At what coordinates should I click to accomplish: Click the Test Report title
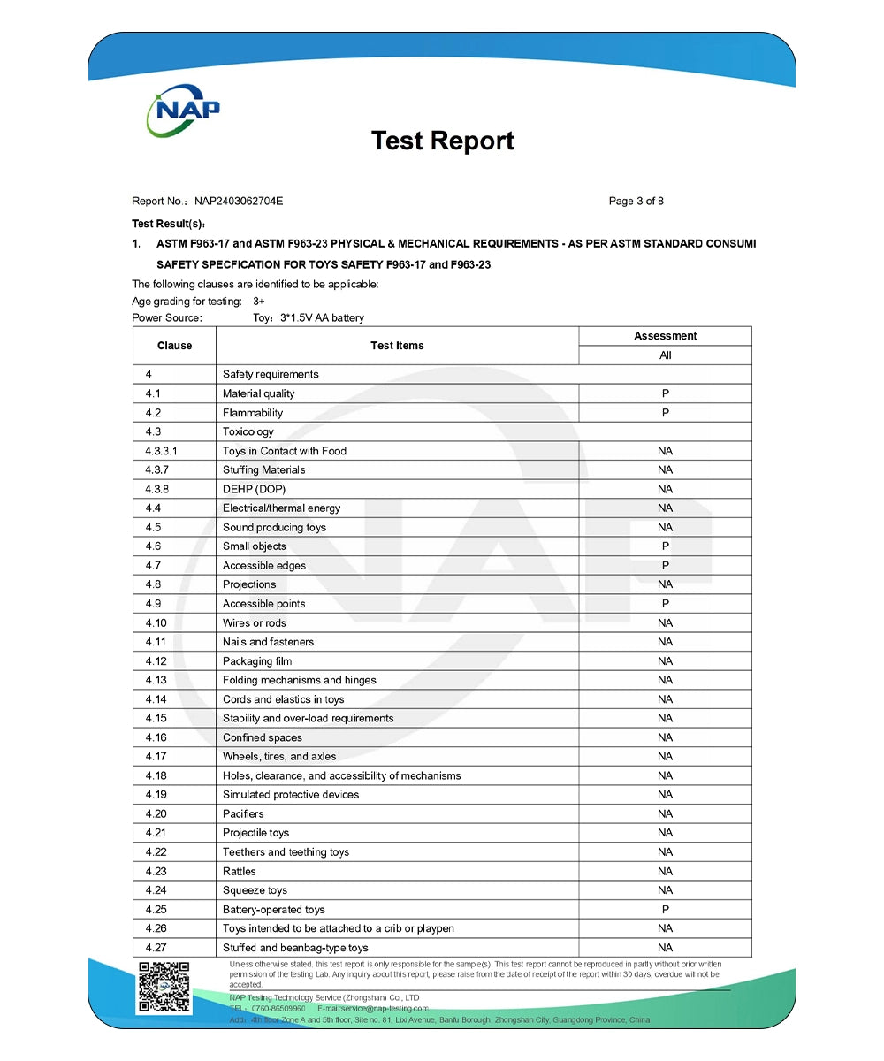442,141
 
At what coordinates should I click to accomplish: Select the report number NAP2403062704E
232,202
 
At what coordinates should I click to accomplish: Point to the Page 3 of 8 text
636,202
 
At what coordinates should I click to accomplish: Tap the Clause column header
174,346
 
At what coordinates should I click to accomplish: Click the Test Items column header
397,346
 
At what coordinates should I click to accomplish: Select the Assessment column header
665,336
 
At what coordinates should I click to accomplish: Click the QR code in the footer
164,987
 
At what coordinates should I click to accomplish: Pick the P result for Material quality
665,393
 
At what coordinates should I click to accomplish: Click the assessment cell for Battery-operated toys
665,910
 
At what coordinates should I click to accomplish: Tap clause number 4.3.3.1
161,451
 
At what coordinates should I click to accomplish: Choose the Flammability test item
253,413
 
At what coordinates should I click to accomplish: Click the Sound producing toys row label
274,528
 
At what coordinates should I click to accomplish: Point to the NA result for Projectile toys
665,833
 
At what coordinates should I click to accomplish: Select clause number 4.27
156,948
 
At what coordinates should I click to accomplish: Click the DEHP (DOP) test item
254,489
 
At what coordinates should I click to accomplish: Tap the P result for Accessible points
665,604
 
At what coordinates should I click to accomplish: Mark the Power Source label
167,318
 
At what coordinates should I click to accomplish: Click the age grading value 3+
247,302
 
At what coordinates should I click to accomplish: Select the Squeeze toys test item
255,890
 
